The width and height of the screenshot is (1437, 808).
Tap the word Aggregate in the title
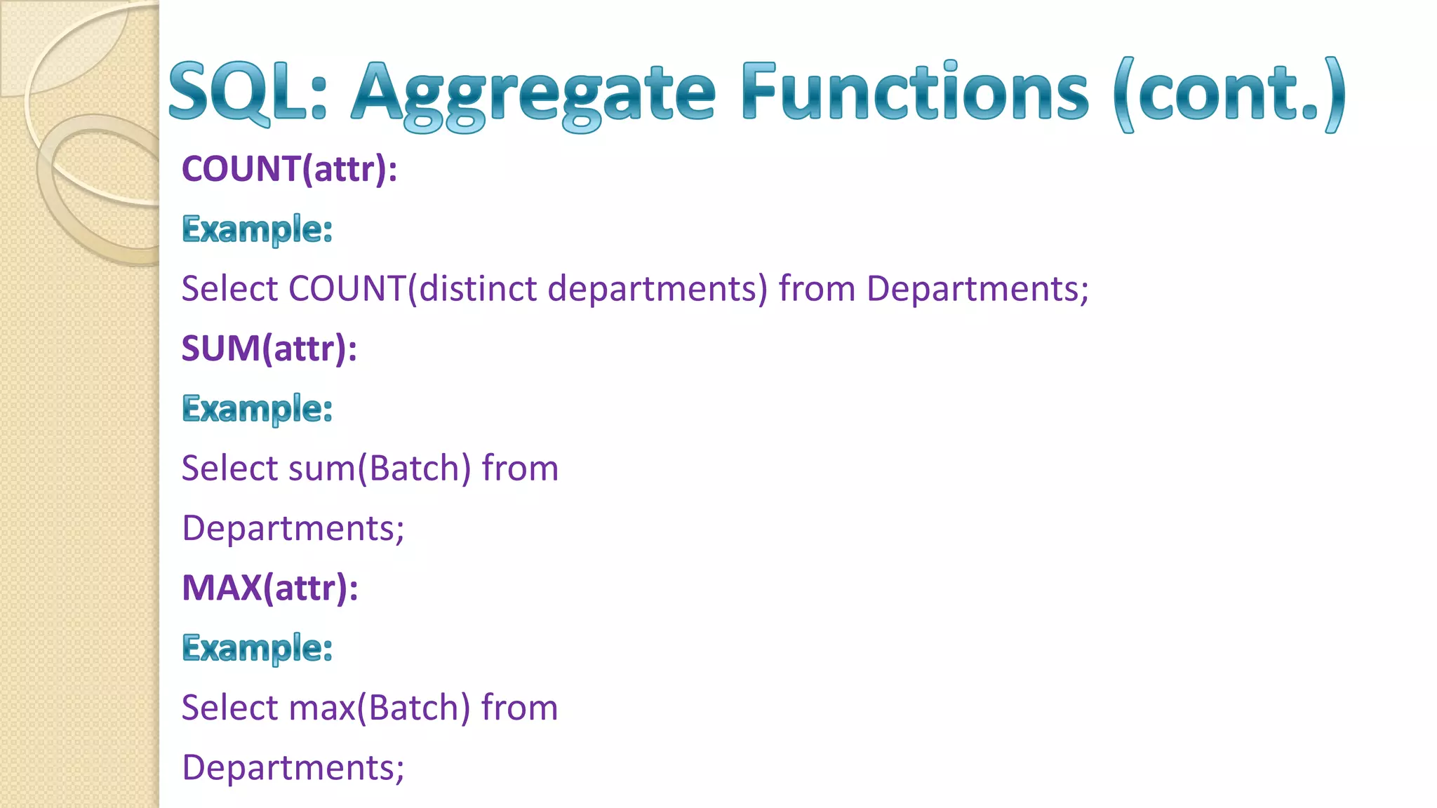tap(533, 95)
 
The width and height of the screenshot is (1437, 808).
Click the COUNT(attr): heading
tap(289, 169)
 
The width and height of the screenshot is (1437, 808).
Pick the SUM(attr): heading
tap(269, 349)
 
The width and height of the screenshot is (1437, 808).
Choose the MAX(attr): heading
tap(270, 588)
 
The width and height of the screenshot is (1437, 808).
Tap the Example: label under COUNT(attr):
tap(257, 229)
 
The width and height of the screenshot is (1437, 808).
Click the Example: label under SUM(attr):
tap(257, 409)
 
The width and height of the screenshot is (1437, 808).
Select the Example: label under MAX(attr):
tap(257, 648)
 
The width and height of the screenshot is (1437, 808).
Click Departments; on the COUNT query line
tap(977, 289)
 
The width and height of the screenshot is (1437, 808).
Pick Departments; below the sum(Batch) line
tap(293, 528)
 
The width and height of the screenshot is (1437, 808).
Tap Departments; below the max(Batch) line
tap(293, 767)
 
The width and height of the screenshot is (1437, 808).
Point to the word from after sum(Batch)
tap(520, 469)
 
